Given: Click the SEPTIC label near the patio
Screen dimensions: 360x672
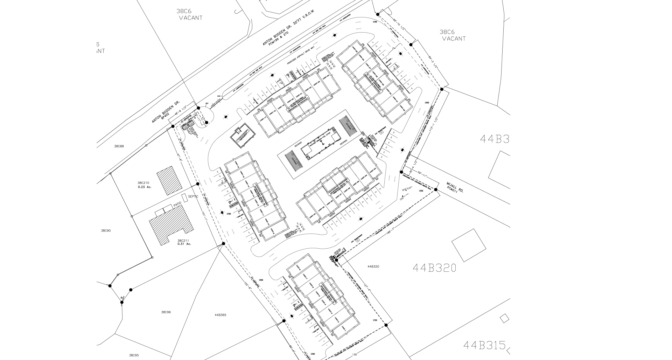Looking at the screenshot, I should [x=193, y=196].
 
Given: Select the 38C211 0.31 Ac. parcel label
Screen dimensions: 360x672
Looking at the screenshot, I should [x=184, y=242].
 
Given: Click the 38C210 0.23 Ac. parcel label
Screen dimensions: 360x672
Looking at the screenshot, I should [x=144, y=185].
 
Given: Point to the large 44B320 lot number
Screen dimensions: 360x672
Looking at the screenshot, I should [x=434, y=268].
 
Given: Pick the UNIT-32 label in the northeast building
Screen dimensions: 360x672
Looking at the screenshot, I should [x=402, y=108].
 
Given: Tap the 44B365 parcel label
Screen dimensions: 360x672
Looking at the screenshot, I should [x=220, y=315].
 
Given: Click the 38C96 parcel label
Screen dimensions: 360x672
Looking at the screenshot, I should [x=166, y=312].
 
